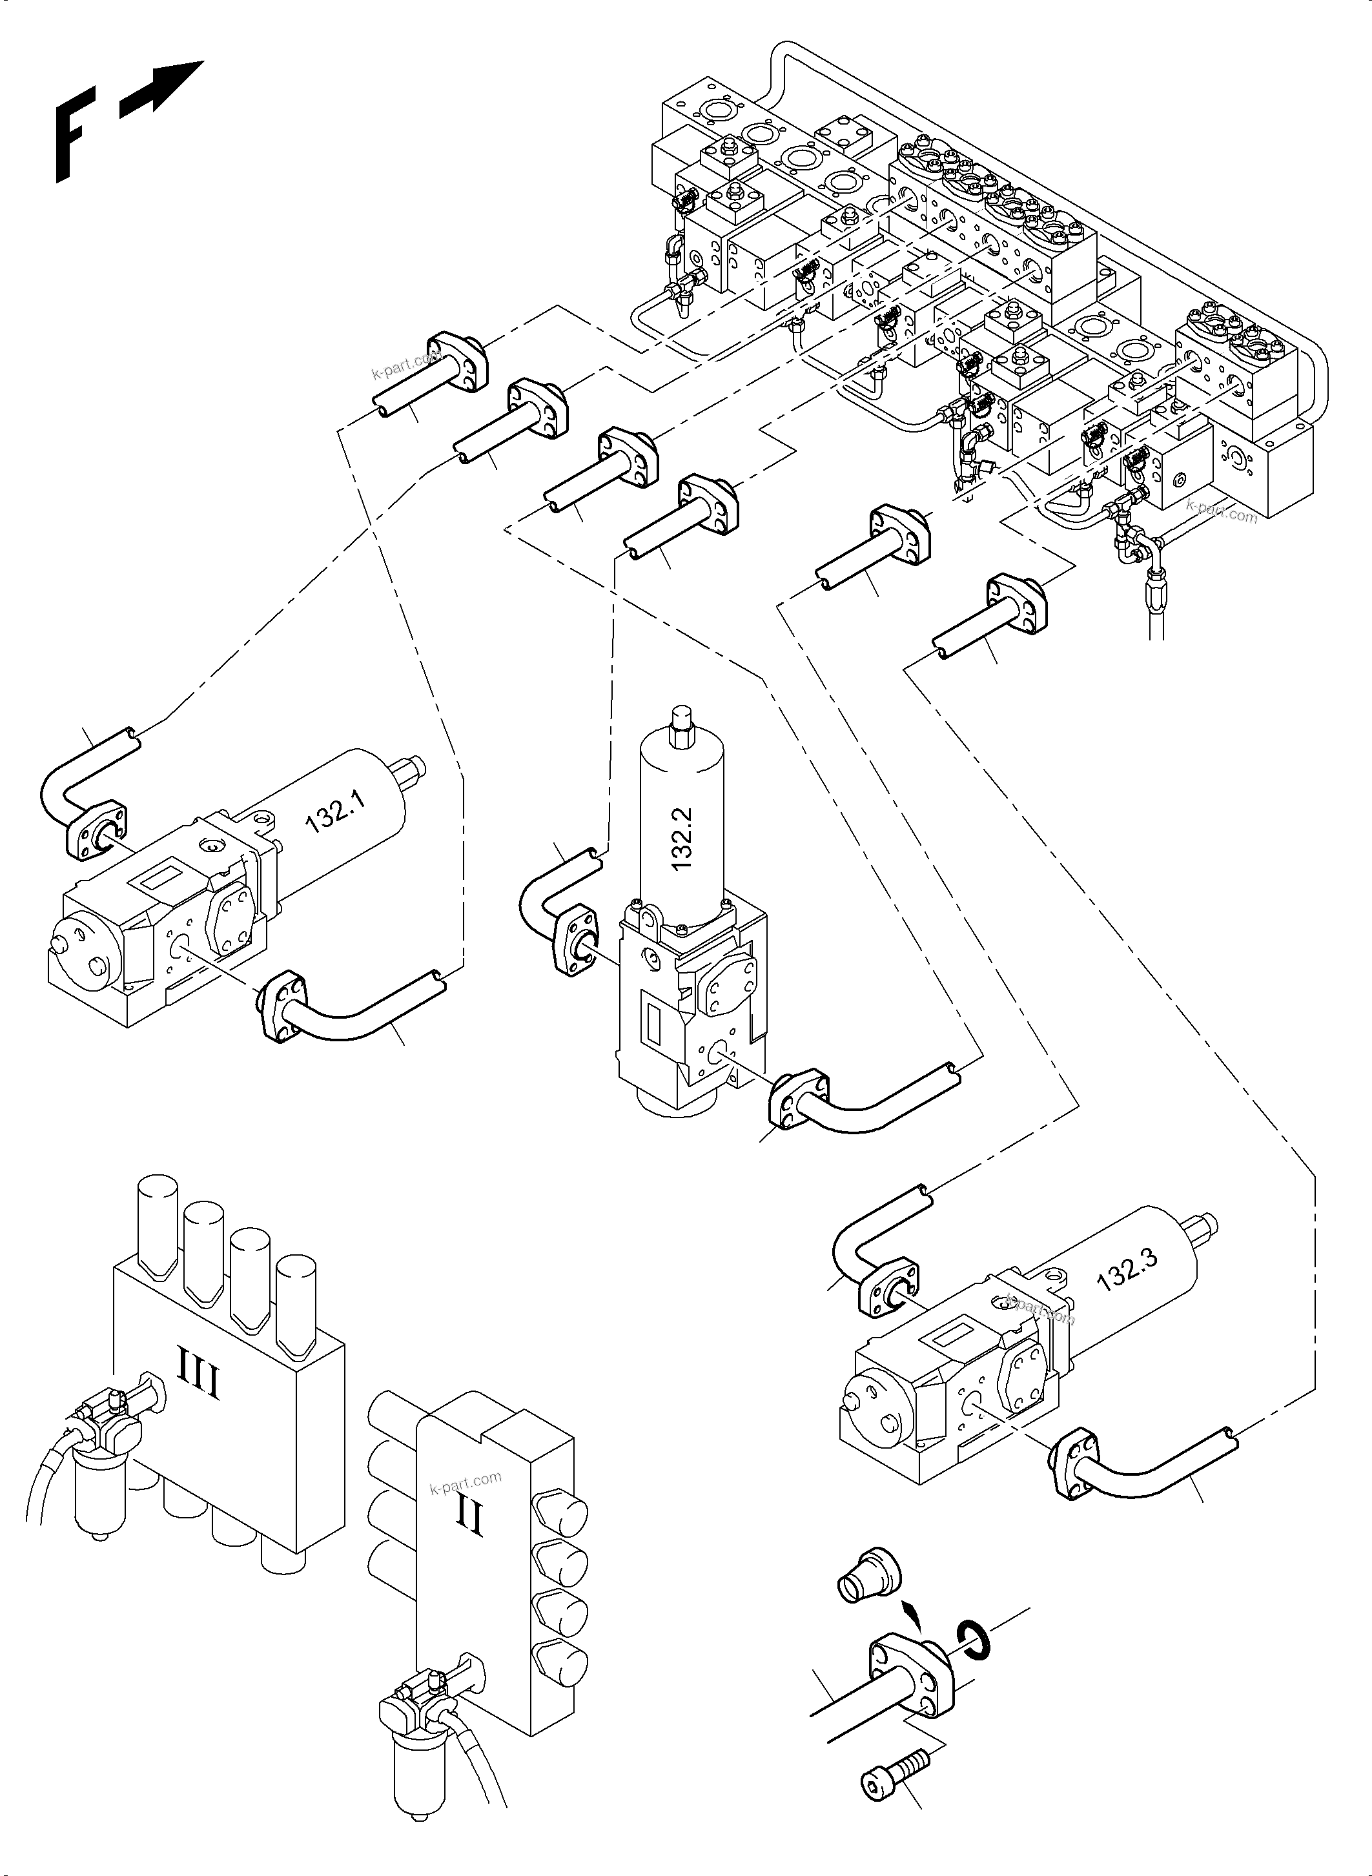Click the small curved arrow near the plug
(x=913, y=1616)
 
